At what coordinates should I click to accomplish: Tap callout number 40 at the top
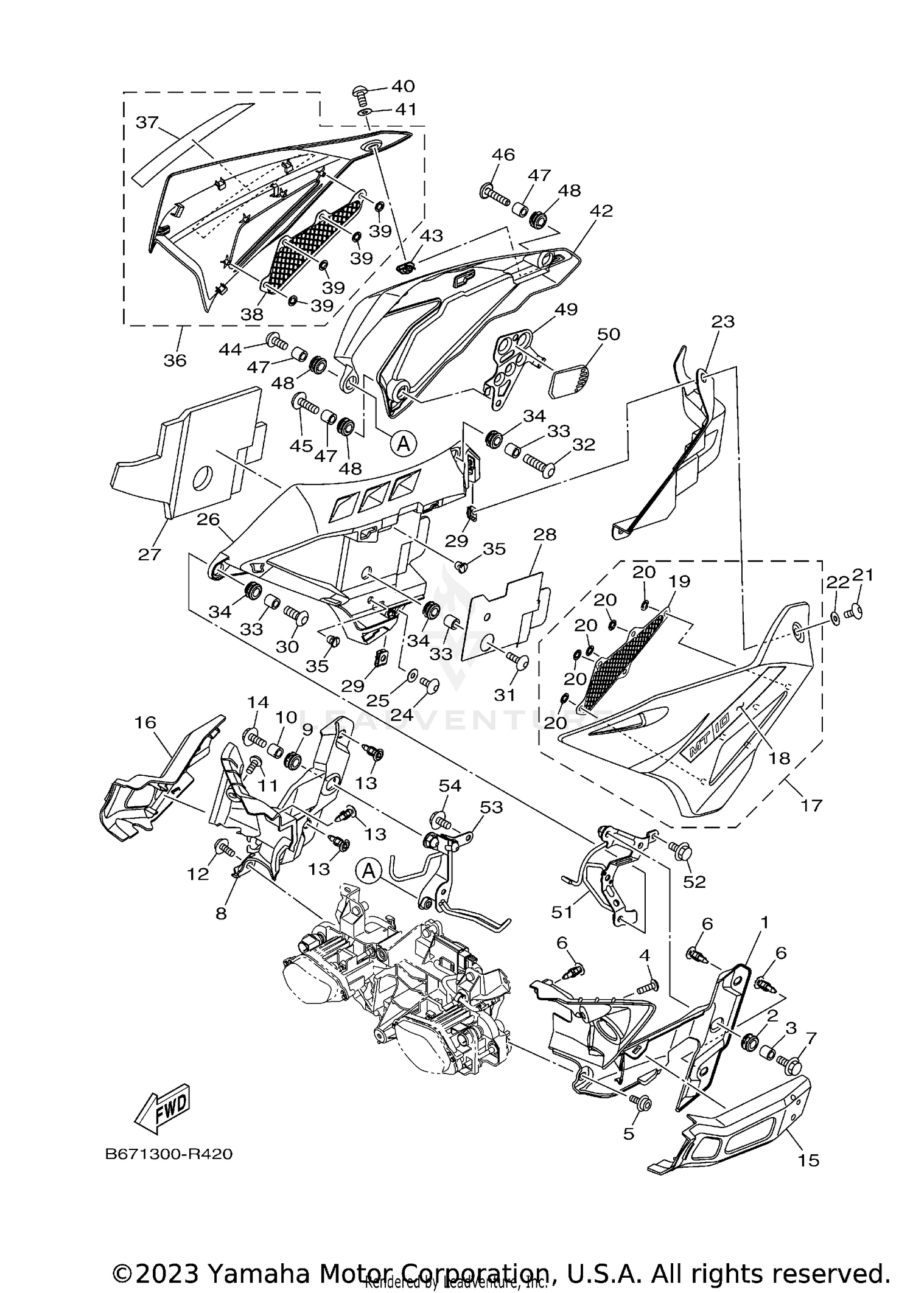403,86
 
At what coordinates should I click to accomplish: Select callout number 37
147,122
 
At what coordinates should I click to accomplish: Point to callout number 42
601,211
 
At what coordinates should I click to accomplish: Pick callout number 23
722,321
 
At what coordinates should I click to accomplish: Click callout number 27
150,554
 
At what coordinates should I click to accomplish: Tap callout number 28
545,534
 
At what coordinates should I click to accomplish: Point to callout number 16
145,722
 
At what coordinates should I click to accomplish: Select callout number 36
175,360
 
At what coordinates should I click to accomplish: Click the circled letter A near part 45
404,444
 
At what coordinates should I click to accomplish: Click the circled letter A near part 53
369,871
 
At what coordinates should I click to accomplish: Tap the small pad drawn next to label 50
570,382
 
